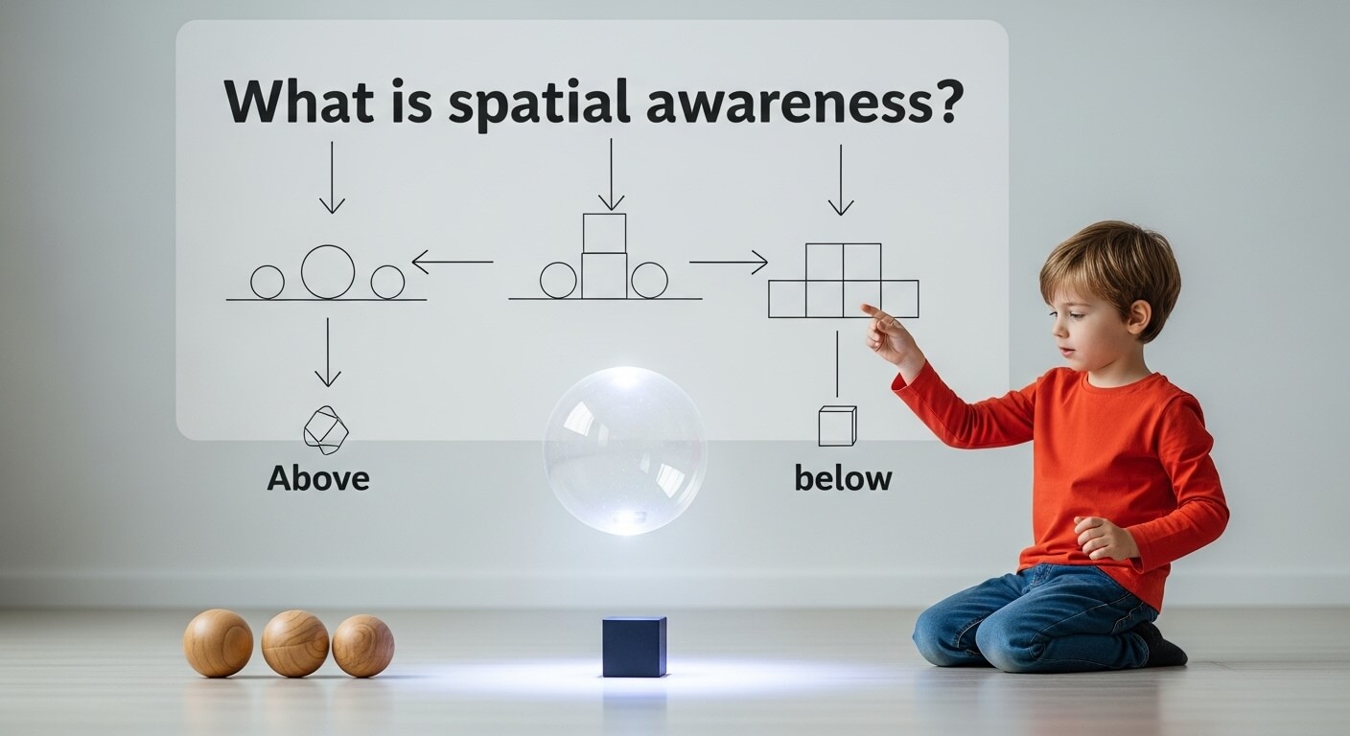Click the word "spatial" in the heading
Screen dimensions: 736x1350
(x=540, y=102)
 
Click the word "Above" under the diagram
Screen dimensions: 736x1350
(x=318, y=477)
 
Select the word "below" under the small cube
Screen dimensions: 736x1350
(x=843, y=477)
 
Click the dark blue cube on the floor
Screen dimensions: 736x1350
(x=634, y=646)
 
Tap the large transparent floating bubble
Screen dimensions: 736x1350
(x=625, y=449)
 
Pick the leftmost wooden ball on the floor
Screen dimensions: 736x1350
(x=219, y=643)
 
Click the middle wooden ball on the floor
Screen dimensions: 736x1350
(x=295, y=643)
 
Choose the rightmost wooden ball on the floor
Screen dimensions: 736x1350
(x=362, y=645)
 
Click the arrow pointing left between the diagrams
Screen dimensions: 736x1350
(x=452, y=261)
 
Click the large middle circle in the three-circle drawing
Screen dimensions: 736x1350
(x=328, y=271)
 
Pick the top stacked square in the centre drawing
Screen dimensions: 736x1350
(x=604, y=233)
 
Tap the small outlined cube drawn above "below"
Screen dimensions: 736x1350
(x=836, y=426)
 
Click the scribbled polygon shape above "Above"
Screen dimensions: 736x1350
(x=325, y=430)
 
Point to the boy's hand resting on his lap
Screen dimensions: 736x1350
(x=1102, y=537)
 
